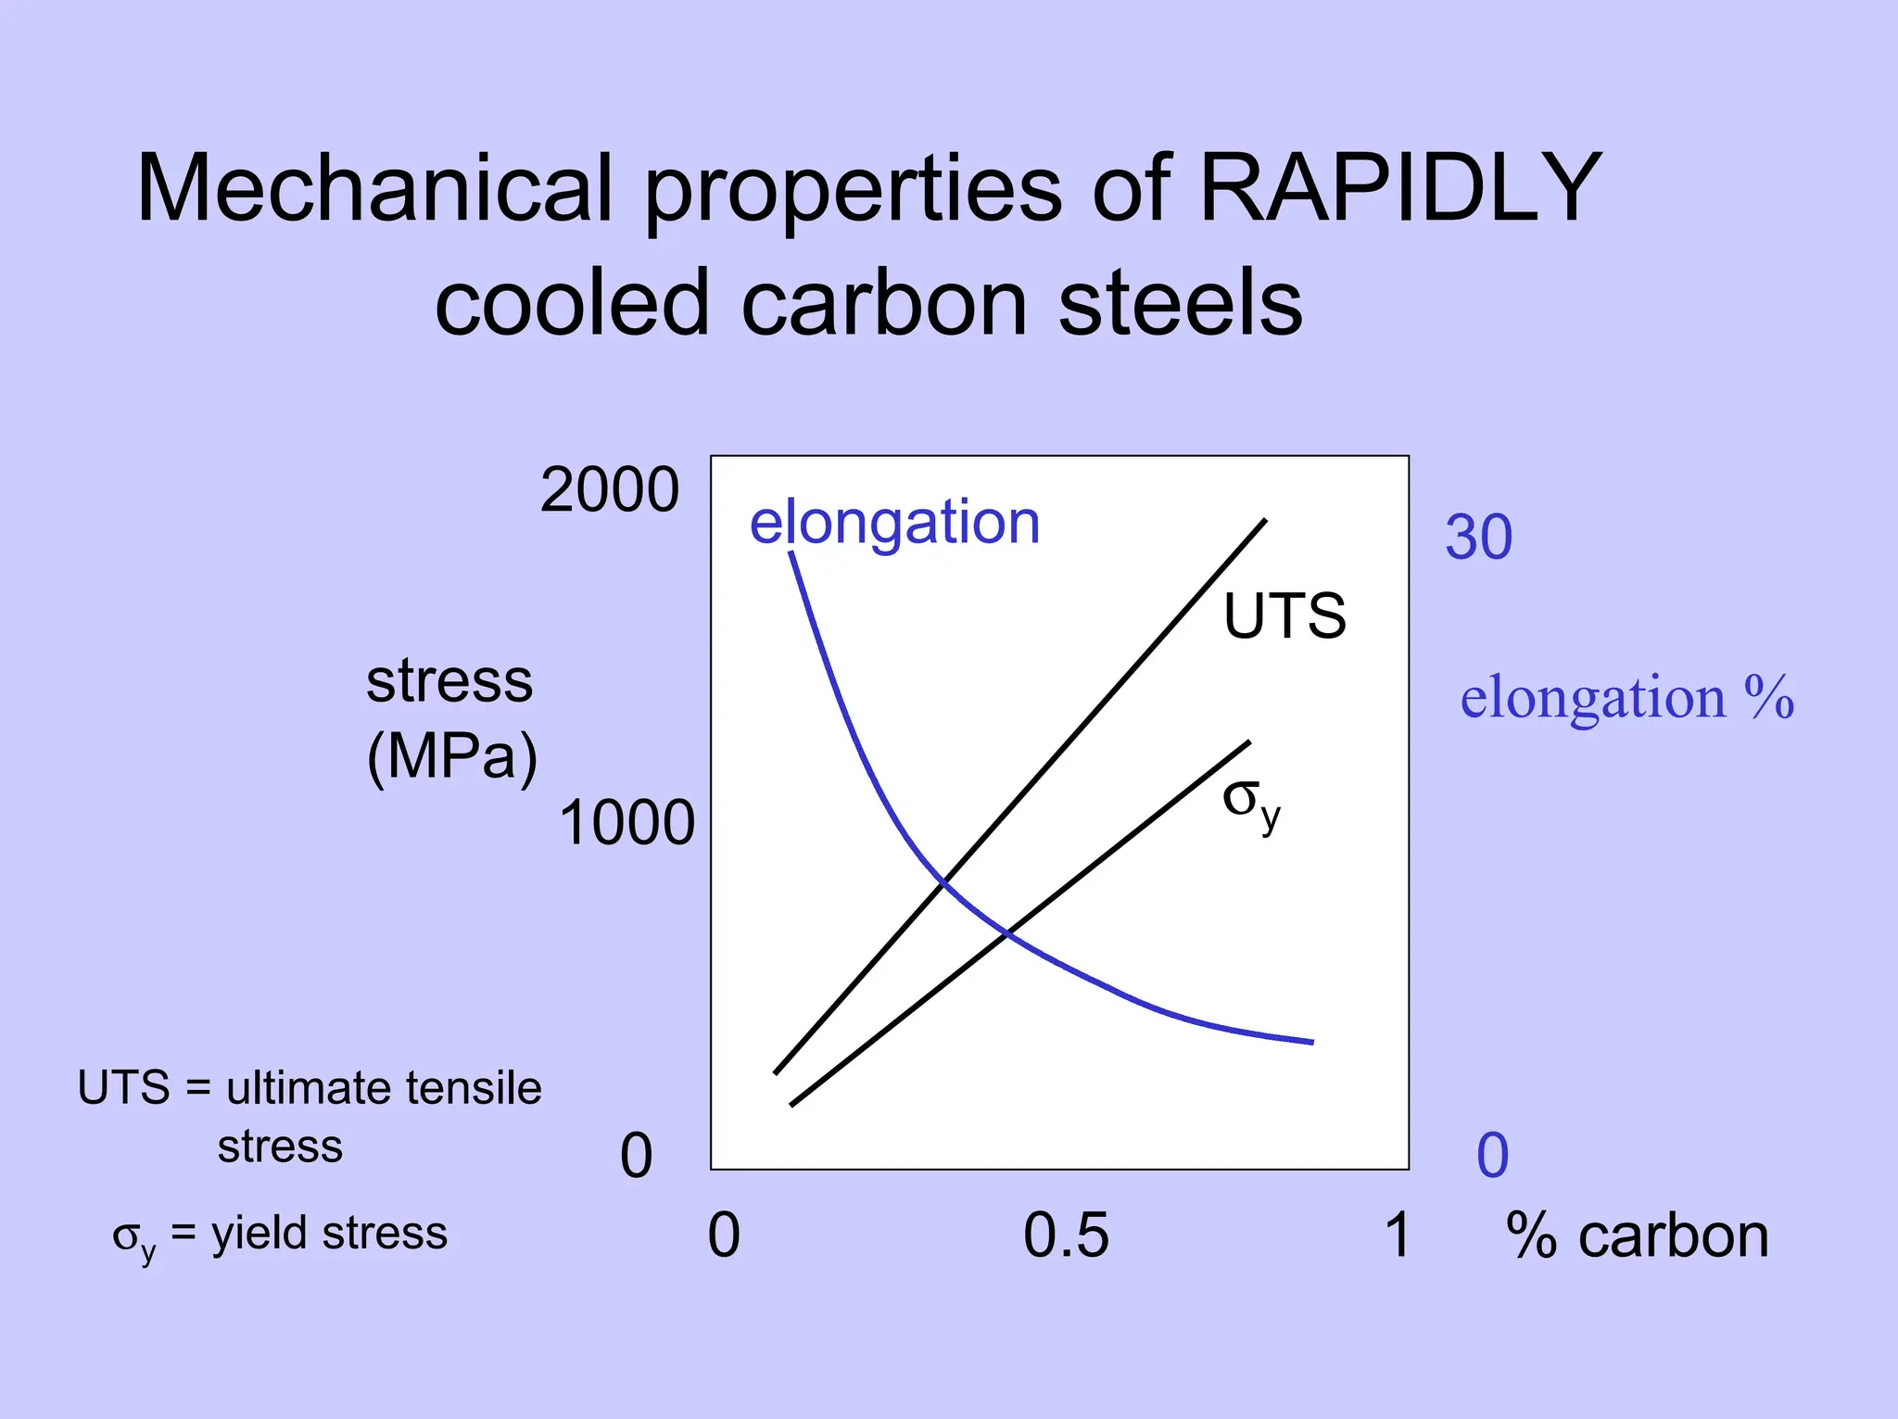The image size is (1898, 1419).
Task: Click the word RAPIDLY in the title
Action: pyautogui.click(x=1399, y=188)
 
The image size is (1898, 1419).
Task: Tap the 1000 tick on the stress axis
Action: pyautogui.click(x=626, y=823)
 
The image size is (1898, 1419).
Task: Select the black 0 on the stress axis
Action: pyautogui.click(x=636, y=1156)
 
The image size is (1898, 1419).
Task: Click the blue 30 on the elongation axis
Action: pyautogui.click(x=1478, y=538)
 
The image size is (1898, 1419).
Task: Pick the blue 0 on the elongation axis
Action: pyautogui.click(x=1492, y=1156)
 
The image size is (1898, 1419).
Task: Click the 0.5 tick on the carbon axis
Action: pyautogui.click(x=1065, y=1235)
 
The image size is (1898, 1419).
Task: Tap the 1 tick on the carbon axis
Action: pyautogui.click(x=1398, y=1235)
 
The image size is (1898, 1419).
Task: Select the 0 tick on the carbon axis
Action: pyautogui.click(x=724, y=1235)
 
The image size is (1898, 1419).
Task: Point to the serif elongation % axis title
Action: pyautogui.click(x=1626, y=697)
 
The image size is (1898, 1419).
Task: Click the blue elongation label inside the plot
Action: pyautogui.click(x=894, y=523)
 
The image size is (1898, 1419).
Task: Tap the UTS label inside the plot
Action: pyautogui.click(x=1284, y=616)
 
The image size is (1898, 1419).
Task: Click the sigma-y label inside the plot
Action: pyautogui.click(x=1251, y=802)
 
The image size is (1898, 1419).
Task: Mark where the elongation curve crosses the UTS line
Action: pyautogui.click(x=943, y=881)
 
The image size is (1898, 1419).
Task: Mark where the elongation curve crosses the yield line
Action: pyautogui.click(x=1007, y=933)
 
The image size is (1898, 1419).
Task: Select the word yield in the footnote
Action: pyautogui.click(x=259, y=1235)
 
